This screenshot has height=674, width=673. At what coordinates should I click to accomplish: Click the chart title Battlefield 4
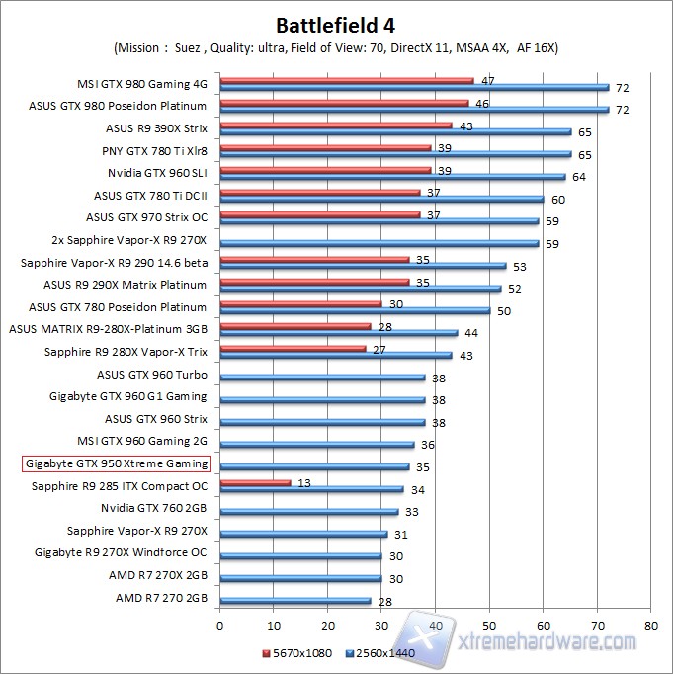pos(336,23)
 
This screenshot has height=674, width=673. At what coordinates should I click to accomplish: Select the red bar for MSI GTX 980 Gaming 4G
pos(346,81)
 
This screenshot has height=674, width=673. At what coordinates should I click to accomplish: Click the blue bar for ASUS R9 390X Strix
pos(395,131)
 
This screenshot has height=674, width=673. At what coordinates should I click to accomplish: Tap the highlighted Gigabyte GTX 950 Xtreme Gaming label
pos(116,463)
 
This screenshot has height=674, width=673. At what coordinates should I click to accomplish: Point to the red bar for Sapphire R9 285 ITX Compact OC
pos(255,482)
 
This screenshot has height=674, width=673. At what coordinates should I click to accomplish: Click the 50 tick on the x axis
pos(489,625)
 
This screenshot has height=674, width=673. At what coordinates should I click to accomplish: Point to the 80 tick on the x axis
pos(650,625)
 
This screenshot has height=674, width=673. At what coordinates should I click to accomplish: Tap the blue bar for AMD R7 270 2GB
pos(295,600)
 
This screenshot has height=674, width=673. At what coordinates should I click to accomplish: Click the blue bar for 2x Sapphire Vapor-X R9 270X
pos(379,242)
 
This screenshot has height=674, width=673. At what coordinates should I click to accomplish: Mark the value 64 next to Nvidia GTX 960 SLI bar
pos(579,177)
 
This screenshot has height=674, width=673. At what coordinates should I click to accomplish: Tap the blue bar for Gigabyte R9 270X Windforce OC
pos(300,555)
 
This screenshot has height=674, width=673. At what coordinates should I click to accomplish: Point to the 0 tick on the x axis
pos(219,625)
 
